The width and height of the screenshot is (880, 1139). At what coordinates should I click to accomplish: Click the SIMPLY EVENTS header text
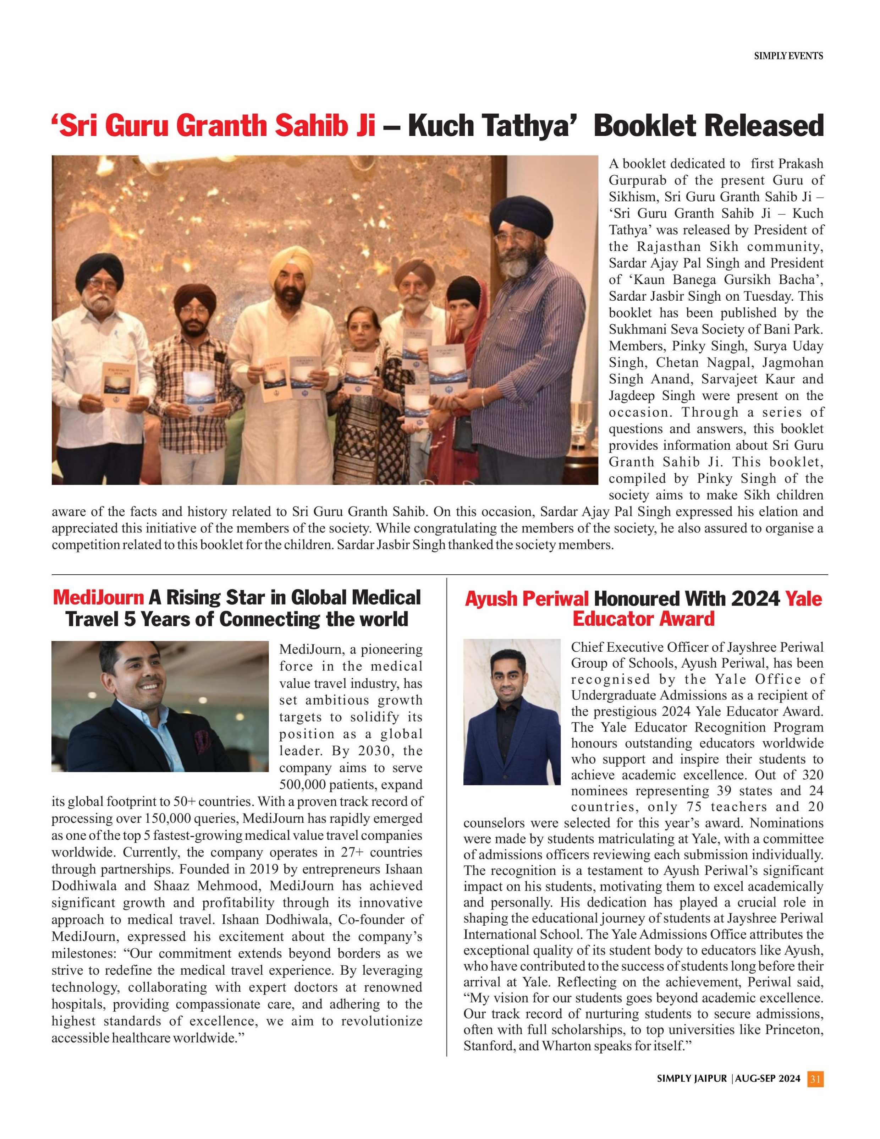click(x=788, y=56)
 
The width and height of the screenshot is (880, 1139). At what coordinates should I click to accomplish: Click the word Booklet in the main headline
click(x=649, y=126)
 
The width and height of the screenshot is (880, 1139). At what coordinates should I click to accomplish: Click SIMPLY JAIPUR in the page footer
click(x=691, y=1079)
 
